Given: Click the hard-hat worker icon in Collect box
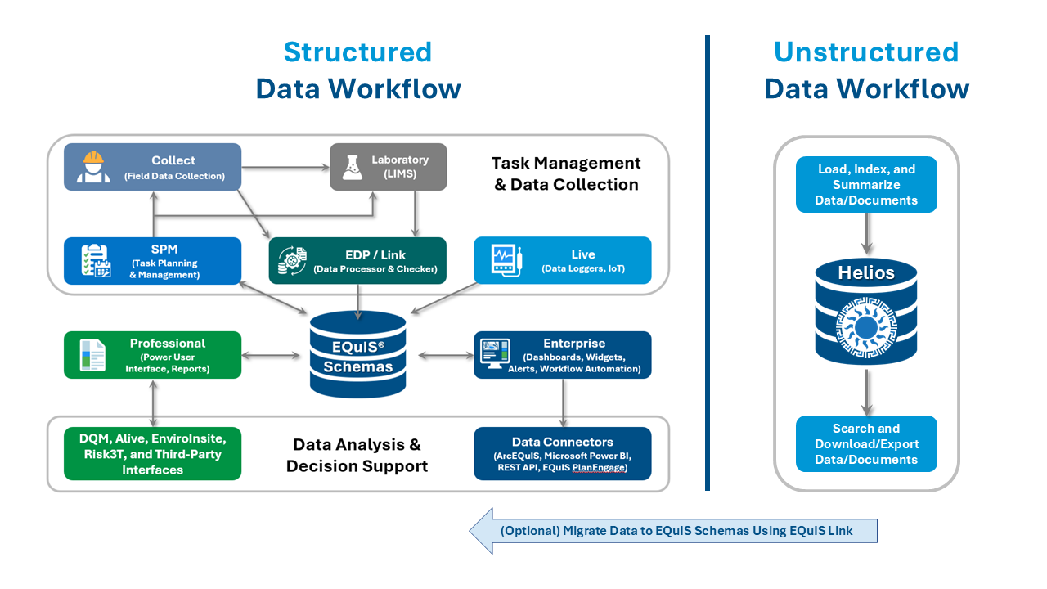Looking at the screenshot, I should pyautogui.click(x=93, y=167).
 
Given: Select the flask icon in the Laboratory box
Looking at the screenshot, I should pyautogui.click(x=352, y=167).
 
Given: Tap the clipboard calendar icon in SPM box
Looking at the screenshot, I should pyautogui.click(x=95, y=260).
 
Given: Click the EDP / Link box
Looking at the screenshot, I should pyautogui.click(x=357, y=260).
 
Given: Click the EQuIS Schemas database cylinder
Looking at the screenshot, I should pyautogui.click(x=358, y=354).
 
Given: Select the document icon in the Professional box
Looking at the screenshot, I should pyautogui.click(x=92, y=354).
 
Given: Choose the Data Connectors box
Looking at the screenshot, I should pyautogui.click(x=563, y=453).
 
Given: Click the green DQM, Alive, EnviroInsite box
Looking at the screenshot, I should pyautogui.click(x=153, y=453).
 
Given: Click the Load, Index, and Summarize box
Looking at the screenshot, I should pyautogui.click(x=866, y=185).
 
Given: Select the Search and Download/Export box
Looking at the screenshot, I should pyautogui.click(x=866, y=444).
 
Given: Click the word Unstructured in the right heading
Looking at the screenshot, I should pyautogui.click(x=866, y=52).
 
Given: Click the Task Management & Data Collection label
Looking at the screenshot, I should pyautogui.click(x=566, y=173).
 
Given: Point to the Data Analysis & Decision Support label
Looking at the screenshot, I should pyautogui.click(x=357, y=456).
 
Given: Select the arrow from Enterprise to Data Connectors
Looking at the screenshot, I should pyautogui.click(x=563, y=402).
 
